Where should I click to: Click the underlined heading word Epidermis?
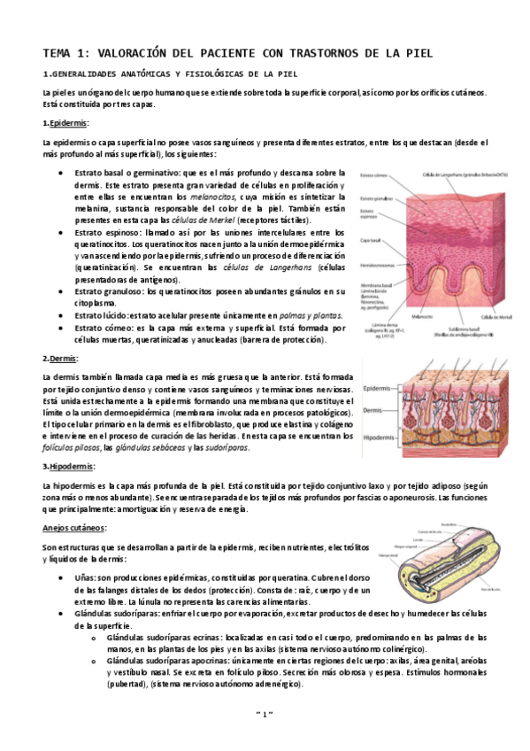pyautogui.click(x=63, y=122)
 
